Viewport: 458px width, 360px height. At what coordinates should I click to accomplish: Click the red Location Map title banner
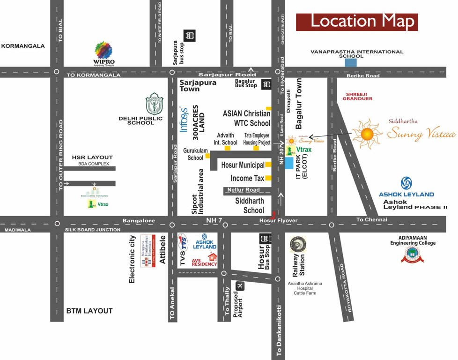(356, 22)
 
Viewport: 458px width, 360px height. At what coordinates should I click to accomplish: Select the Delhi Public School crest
(154, 104)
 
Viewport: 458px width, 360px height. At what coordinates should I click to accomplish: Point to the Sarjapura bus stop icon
(190, 35)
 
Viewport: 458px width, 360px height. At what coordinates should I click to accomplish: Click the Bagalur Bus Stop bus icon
(266, 84)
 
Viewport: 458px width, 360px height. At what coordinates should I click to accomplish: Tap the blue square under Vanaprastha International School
(350, 62)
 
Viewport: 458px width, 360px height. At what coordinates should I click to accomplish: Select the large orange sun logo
(367, 134)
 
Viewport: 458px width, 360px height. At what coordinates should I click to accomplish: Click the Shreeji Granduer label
(357, 96)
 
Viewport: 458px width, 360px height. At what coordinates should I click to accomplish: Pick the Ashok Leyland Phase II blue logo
(406, 184)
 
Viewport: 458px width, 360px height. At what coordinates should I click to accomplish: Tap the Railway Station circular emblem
(298, 245)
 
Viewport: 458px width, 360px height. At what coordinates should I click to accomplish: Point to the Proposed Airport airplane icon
(240, 285)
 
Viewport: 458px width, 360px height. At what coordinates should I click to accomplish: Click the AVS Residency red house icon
(213, 256)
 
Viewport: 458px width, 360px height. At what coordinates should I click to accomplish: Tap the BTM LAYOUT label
(89, 311)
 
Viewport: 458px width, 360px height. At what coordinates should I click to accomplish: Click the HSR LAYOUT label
(92, 157)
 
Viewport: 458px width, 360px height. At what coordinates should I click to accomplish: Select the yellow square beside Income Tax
(268, 178)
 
